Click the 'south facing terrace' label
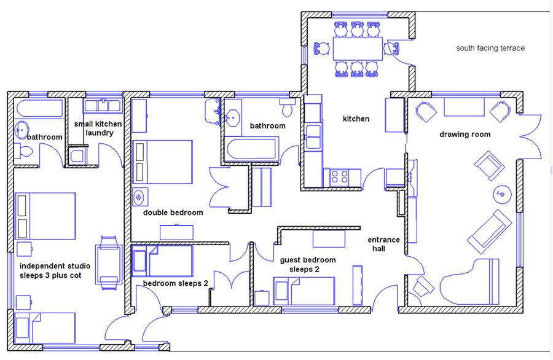tap(490, 48)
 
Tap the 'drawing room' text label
tap(465, 135)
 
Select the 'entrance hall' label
tap(384, 244)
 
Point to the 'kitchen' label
tap(356, 119)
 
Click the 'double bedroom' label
tap(173, 213)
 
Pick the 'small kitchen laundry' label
tap(98, 128)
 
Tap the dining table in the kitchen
tap(356, 48)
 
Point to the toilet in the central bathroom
tap(286, 109)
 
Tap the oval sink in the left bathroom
tap(21, 130)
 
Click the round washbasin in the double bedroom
tap(139, 197)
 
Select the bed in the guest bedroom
tap(304, 290)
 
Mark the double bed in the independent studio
tap(45, 216)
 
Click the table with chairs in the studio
tap(108, 260)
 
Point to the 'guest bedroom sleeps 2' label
tap(299, 264)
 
